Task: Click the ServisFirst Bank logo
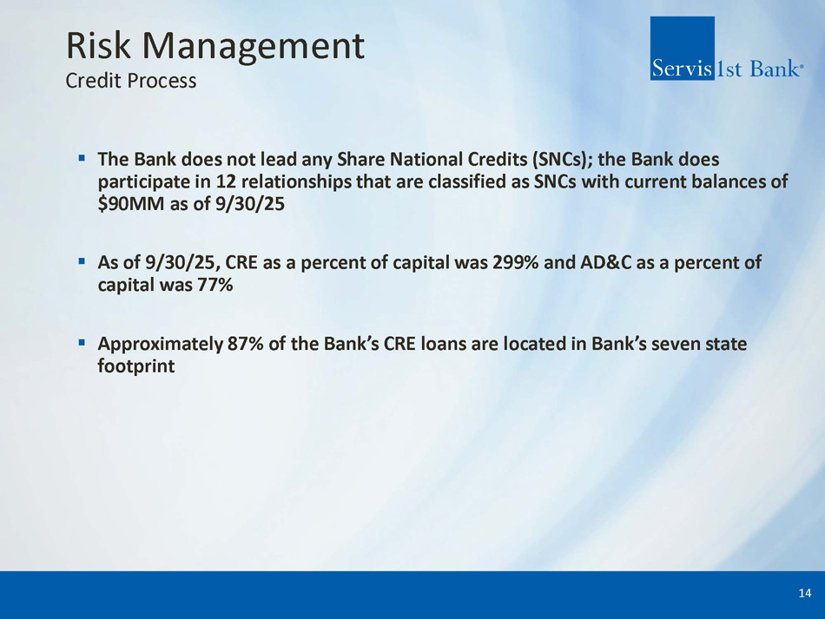727,49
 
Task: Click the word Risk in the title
98,45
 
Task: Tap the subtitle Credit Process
131,81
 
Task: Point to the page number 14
804,593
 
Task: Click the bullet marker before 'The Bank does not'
82,157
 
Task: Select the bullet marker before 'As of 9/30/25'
82,260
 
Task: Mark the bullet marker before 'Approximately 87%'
82,342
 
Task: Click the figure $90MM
131,203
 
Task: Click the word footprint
136,366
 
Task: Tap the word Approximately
161,345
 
